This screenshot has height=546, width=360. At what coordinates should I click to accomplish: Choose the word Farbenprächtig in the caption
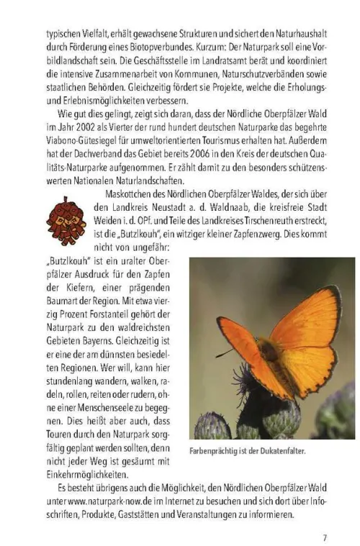(215, 451)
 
